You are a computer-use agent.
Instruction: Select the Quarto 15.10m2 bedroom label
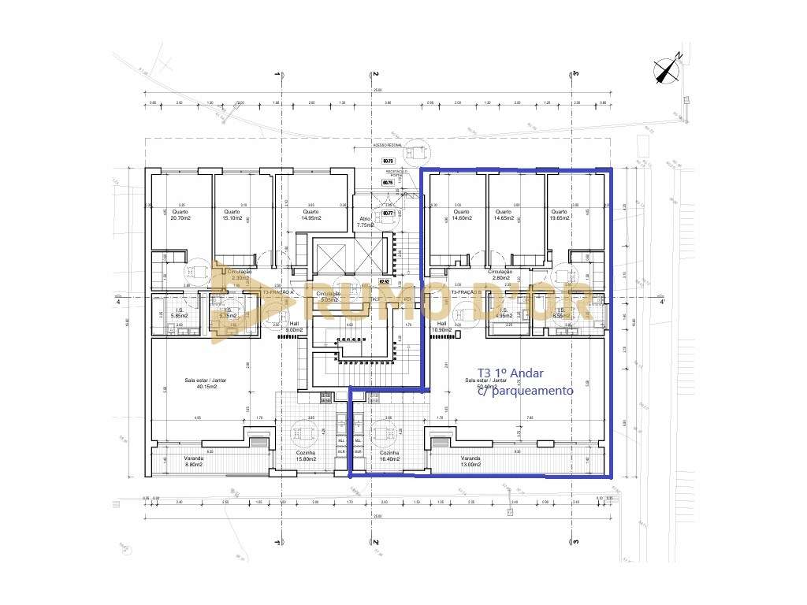(232, 215)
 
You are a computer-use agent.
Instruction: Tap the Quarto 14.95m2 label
(310, 215)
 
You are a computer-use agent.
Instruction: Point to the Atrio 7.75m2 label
(365, 221)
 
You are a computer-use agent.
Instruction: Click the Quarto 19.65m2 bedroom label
(560, 215)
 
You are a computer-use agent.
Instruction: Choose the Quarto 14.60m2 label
(461, 215)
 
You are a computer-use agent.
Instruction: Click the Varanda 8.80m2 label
(194, 462)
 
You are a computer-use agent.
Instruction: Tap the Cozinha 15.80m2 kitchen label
(306, 457)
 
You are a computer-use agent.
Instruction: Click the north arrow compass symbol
(668, 70)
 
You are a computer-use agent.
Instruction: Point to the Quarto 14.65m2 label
(504, 215)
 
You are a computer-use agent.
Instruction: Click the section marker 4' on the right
(662, 302)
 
